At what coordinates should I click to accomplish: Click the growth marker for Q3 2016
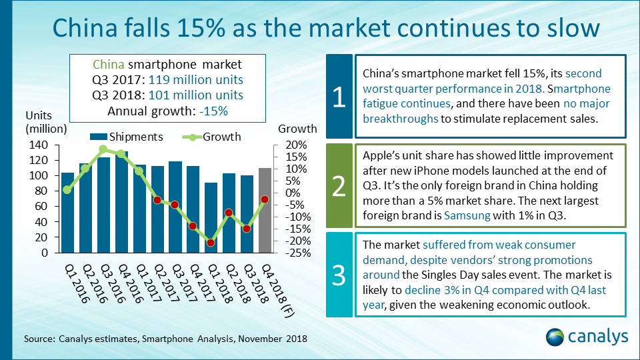click(103, 149)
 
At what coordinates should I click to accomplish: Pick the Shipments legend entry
click(127, 137)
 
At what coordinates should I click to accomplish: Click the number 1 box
click(339, 97)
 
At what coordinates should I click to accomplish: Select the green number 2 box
click(339, 186)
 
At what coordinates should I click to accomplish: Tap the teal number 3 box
click(339, 274)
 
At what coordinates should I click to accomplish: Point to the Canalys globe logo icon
click(556, 337)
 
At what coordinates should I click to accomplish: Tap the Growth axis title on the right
click(297, 129)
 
